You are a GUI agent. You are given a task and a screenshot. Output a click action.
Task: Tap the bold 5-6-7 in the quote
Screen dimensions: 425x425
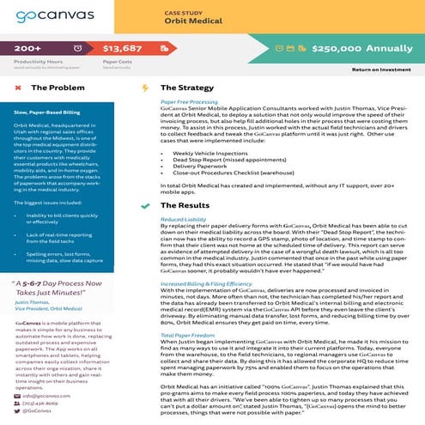tap(31, 258)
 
